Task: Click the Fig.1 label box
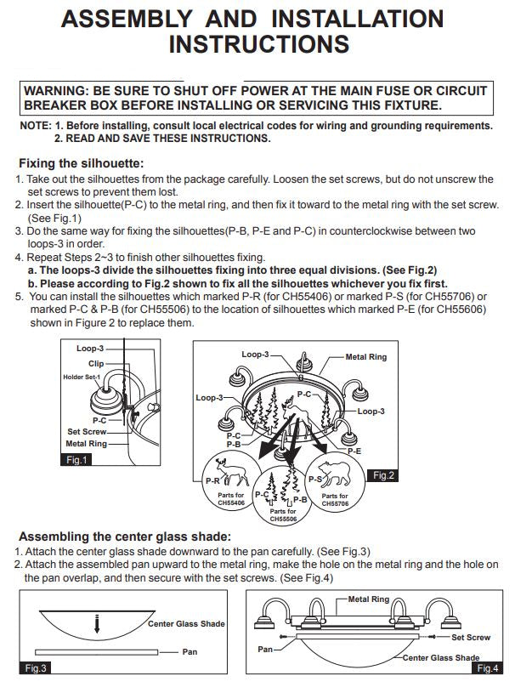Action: coord(76,460)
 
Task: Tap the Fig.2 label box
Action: coord(383,475)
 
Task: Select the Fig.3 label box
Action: coord(35,667)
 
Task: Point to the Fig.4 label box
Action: coord(488,667)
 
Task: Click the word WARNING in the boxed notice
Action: coord(56,91)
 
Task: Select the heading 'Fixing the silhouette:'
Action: coord(81,163)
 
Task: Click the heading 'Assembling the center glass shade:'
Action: coord(125,537)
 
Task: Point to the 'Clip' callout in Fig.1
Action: coord(96,363)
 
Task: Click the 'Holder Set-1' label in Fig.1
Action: coord(82,377)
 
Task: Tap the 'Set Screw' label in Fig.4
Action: coord(471,637)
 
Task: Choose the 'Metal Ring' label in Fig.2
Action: coord(366,356)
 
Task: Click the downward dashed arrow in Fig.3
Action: coord(97,624)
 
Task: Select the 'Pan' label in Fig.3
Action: coord(190,651)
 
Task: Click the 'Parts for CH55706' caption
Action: coord(335,499)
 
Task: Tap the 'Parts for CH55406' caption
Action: coord(231,498)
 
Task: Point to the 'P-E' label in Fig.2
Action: coord(354,451)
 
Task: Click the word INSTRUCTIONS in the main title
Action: coord(259,44)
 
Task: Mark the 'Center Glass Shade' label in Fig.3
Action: coord(186,623)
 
